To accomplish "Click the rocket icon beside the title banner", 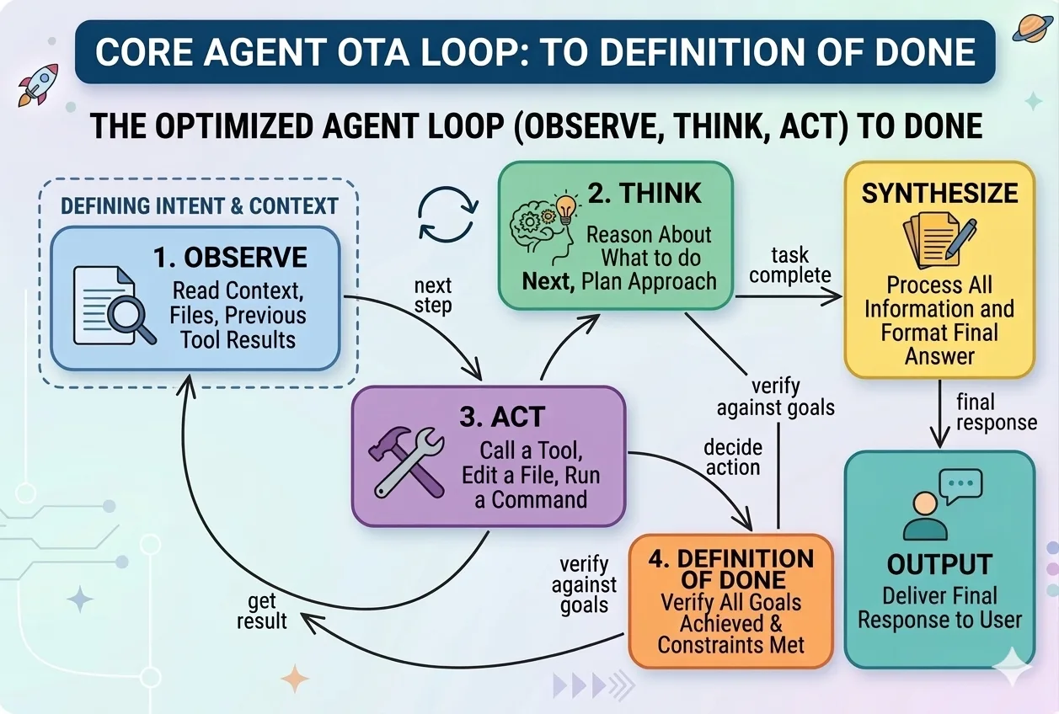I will (37, 83).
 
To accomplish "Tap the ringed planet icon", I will (1033, 30).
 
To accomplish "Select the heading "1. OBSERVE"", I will (230, 258).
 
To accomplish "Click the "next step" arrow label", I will (433, 296).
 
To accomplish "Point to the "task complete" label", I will (789, 264).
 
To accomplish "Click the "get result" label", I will (261, 611).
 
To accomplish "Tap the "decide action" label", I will (732, 457).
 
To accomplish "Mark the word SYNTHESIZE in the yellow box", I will (939, 193).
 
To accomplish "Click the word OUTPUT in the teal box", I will (939, 564).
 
